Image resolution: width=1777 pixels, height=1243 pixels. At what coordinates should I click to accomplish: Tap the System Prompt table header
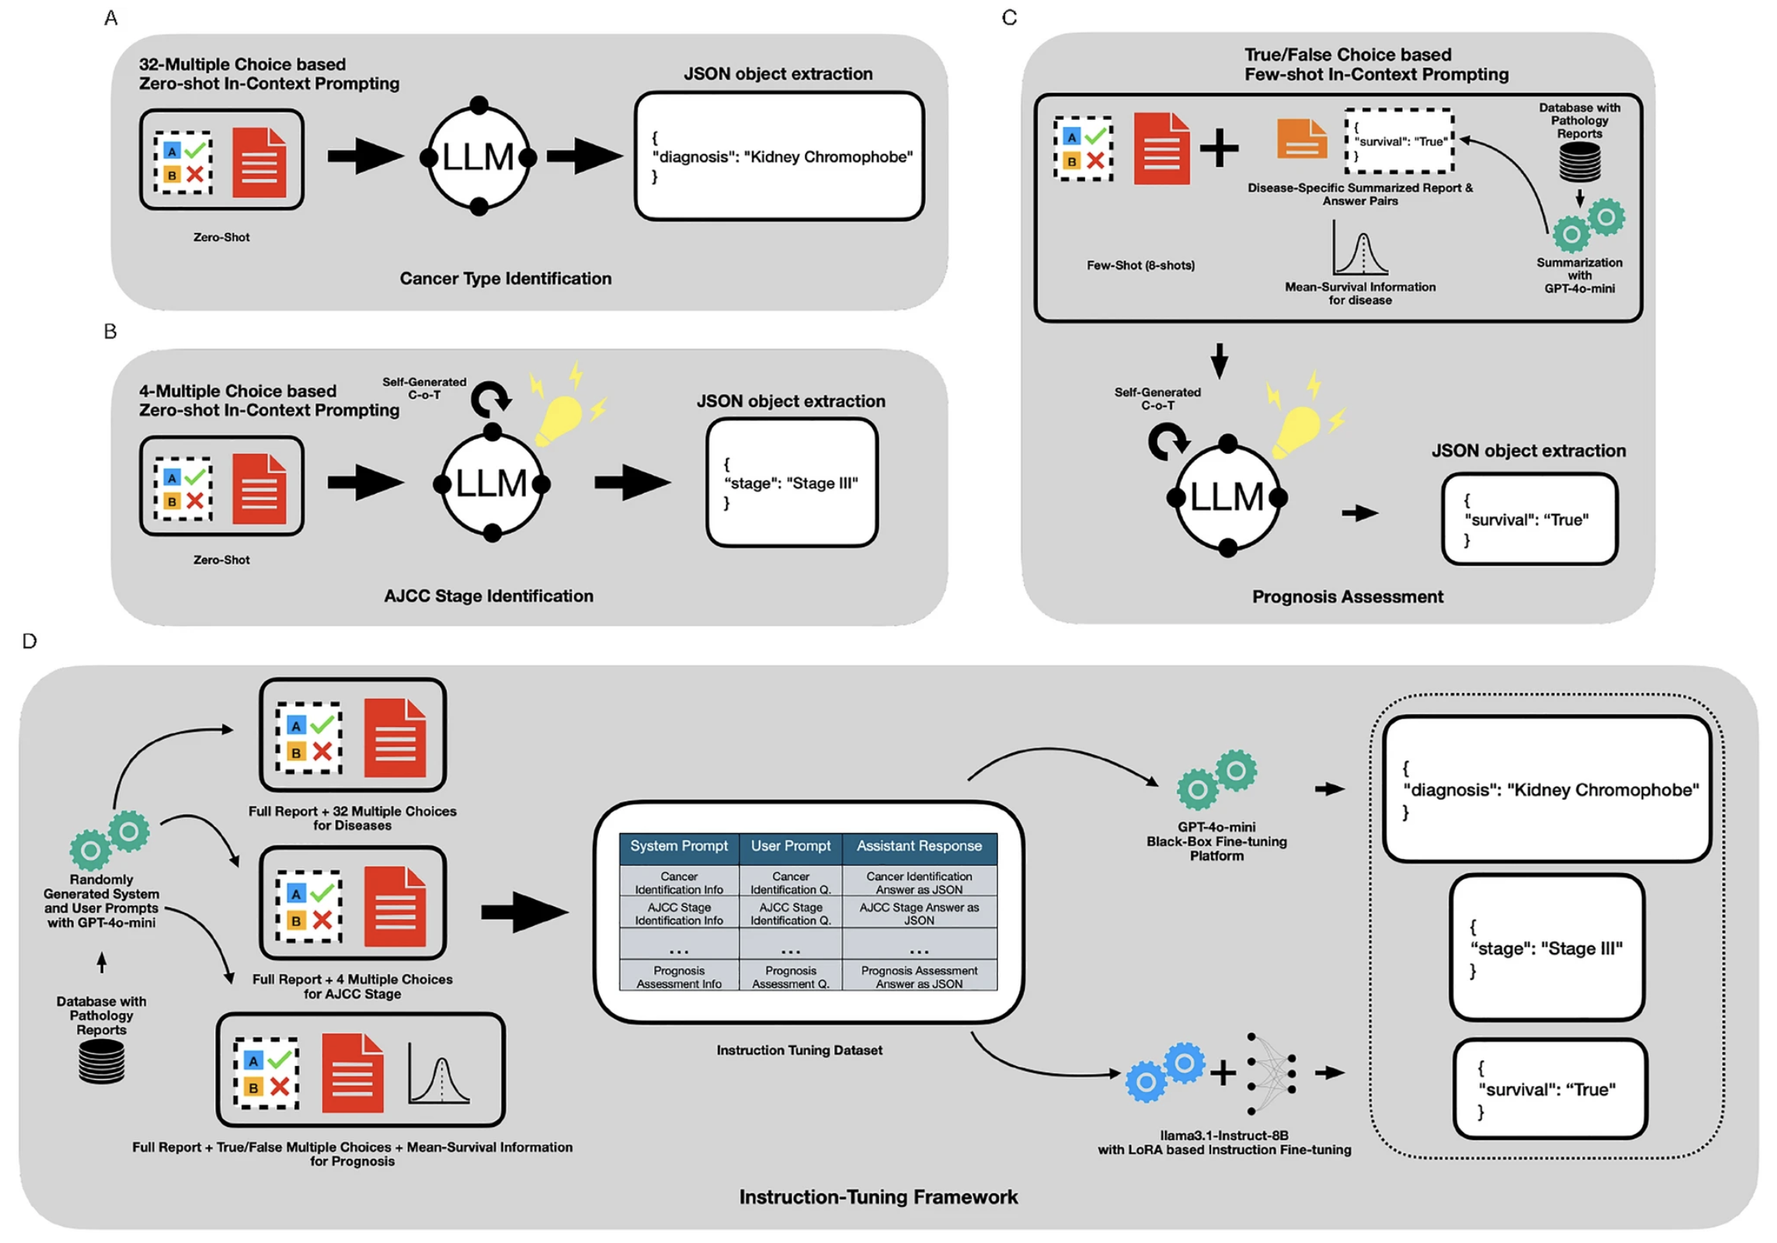pyautogui.click(x=679, y=846)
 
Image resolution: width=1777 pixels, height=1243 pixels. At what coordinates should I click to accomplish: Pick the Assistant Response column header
pyautogui.click(x=920, y=846)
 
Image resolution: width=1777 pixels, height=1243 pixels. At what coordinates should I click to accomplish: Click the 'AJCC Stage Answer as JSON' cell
pyautogui.click(x=920, y=913)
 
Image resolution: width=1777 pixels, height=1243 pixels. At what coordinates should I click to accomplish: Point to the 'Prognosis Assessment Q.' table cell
pyautogui.click(x=790, y=977)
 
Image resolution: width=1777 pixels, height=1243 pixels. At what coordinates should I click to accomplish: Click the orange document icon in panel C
pyautogui.click(x=1302, y=138)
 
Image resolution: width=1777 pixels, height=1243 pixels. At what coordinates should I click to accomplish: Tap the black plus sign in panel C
pyautogui.click(x=1220, y=147)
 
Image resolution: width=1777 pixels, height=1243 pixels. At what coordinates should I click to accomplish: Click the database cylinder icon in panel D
pyautogui.click(x=101, y=1061)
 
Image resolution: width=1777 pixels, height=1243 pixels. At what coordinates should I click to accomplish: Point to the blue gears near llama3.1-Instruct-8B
pyautogui.click(x=1165, y=1071)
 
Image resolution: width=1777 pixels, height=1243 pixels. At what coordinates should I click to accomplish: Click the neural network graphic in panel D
pyautogui.click(x=1271, y=1073)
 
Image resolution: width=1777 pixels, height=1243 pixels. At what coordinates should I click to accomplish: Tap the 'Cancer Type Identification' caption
pyautogui.click(x=505, y=278)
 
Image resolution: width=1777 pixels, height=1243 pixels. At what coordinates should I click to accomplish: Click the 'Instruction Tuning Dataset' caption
pyautogui.click(x=800, y=1050)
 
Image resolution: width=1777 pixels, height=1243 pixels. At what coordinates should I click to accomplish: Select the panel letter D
pyautogui.click(x=29, y=641)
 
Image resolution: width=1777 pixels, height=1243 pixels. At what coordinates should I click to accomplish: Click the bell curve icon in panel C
pyautogui.click(x=1359, y=248)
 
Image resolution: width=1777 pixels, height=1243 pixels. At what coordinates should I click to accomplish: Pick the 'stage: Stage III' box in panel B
pyautogui.click(x=792, y=483)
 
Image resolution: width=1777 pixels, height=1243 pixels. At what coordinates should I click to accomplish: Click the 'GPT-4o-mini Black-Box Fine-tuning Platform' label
pyautogui.click(x=1216, y=841)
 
